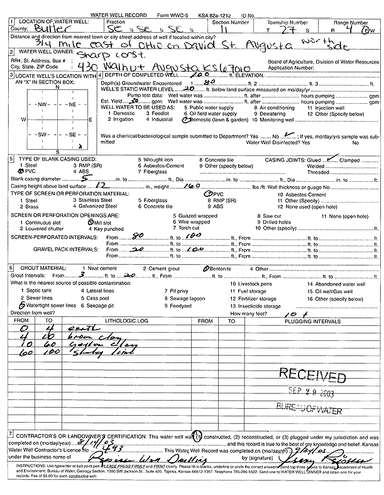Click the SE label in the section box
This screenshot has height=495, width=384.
point(72,135)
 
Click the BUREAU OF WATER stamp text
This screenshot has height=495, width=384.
point(312,410)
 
